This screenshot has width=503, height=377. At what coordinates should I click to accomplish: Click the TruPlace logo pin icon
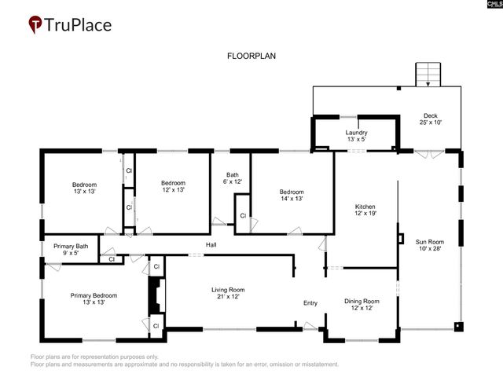point(36,25)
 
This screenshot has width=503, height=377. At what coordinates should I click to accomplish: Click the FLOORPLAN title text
point(251,57)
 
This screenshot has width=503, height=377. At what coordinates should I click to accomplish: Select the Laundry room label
point(356,133)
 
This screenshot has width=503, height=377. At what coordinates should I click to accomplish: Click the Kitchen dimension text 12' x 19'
point(362,213)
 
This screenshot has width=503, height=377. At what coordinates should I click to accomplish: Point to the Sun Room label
point(430,242)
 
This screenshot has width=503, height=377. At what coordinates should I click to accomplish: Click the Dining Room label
point(362,301)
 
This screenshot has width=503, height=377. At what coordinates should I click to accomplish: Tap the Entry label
point(310,303)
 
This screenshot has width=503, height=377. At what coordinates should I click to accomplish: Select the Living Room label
point(228,290)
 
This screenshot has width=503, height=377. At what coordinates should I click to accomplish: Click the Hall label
point(211,246)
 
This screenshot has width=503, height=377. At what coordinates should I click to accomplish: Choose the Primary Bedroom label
point(94,295)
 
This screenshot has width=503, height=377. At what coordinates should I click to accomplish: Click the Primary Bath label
point(71,247)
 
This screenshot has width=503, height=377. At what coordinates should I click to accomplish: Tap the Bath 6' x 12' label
point(232,175)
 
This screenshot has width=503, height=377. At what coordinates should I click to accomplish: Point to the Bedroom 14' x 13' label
point(292,192)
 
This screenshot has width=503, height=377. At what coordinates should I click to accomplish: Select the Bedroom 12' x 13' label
point(173,183)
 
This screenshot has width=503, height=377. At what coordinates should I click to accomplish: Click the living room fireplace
point(155,297)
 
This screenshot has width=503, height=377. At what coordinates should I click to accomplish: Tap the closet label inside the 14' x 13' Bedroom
point(243,215)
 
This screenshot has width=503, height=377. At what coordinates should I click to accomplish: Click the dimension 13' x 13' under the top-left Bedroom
point(85,191)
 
